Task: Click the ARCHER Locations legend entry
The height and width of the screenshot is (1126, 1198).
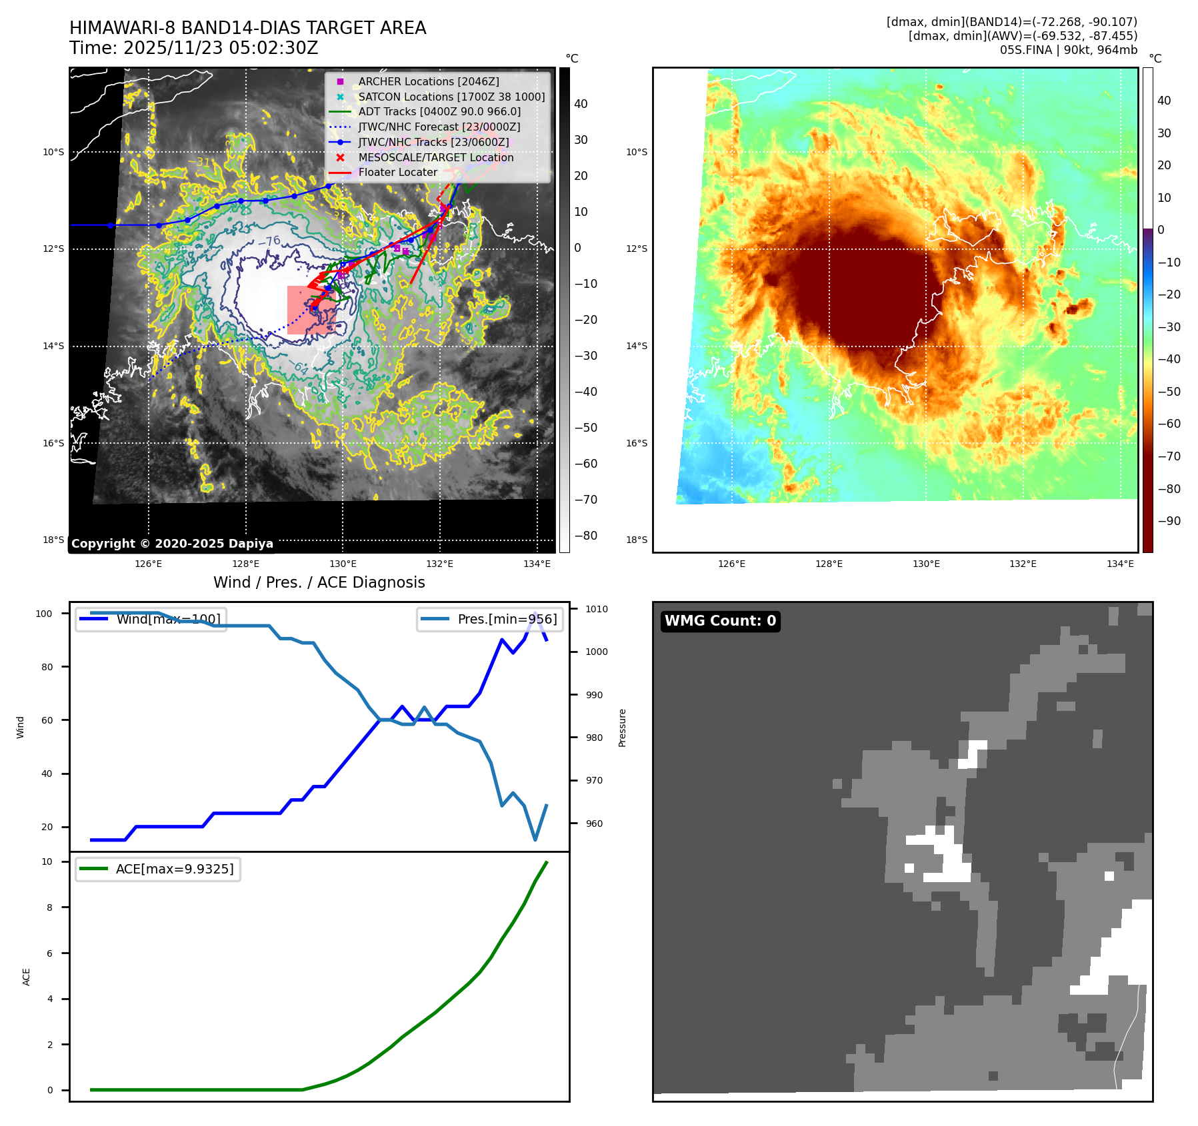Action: tap(428, 81)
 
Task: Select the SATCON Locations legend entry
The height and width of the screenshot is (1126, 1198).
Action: tap(451, 97)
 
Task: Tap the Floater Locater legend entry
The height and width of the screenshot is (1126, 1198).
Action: tap(397, 172)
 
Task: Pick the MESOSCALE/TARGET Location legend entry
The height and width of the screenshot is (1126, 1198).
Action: tap(435, 157)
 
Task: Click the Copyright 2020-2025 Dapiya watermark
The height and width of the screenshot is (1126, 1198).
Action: tap(172, 544)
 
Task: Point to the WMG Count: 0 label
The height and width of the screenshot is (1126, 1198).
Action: tap(720, 621)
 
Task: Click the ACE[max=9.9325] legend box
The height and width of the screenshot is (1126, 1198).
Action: tap(159, 869)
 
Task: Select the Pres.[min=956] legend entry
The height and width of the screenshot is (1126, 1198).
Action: tap(491, 619)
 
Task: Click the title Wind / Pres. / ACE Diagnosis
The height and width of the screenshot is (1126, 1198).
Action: tap(319, 582)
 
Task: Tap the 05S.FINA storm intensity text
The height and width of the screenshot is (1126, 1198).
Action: tap(1068, 50)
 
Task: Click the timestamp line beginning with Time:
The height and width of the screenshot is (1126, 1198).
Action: tap(194, 48)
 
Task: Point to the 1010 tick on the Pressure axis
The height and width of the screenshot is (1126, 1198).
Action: tap(597, 609)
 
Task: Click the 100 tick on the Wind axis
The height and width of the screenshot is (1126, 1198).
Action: tap(44, 614)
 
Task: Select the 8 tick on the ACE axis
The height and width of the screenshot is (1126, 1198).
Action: tap(49, 907)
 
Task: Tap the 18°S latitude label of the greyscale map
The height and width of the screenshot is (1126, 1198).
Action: tap(54, 540)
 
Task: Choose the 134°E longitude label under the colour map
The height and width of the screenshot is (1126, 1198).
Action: tap(1120, 564)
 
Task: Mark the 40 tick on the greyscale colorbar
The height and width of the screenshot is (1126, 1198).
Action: tap(581, 104)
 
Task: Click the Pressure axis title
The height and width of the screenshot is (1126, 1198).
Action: tap(622, 728)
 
